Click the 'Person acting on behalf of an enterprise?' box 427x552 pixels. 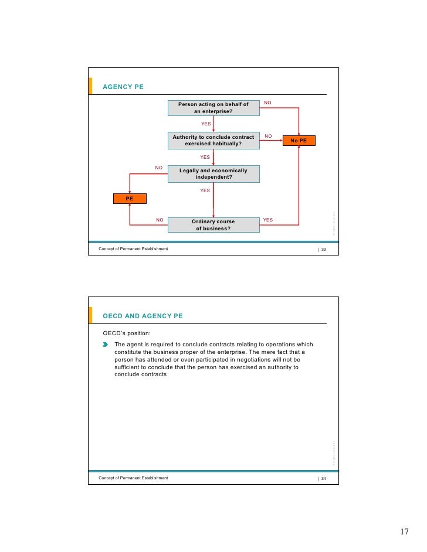213,108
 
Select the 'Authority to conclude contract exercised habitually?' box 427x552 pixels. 213,140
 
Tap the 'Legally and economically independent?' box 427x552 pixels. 213,173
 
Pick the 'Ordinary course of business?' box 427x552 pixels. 213,225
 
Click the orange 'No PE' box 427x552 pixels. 299,141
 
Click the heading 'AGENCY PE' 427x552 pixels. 123,87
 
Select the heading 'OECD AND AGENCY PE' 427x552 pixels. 143,316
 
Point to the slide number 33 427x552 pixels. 323,249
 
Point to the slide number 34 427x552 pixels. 323,478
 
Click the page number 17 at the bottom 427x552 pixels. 404,531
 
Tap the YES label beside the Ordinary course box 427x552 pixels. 267,220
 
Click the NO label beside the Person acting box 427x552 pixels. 267,103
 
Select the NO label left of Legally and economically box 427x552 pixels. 158,168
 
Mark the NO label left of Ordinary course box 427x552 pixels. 160,220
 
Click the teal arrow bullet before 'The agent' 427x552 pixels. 106,345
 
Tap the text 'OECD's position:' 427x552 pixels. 122,333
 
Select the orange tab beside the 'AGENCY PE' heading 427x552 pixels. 90,86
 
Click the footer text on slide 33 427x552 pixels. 133,249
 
